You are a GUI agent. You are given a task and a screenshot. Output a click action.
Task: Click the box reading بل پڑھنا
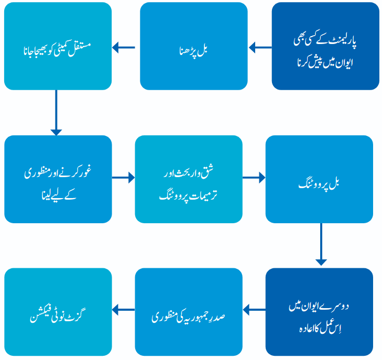click(x=194, y=46)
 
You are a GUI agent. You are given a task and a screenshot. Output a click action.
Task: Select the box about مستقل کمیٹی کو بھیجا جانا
click(x=58, y=46)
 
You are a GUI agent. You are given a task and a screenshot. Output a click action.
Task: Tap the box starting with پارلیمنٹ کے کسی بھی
click(x=325, y=46)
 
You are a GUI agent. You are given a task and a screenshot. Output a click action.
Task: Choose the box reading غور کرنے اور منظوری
click(x=58, y=179)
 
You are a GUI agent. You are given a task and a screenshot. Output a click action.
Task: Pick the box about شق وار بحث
click(x=189, y=179)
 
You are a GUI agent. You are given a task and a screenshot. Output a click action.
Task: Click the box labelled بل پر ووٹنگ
click(x=319, y=179)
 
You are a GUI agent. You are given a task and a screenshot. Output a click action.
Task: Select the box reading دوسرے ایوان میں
click(x=319, y=312)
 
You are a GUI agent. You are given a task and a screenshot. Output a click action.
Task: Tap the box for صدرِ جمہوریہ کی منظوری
click(x=189, y=312)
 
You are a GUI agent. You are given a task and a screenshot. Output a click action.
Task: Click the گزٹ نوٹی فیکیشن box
click(x=58, y=312)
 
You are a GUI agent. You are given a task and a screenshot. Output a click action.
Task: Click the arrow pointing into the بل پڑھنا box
click(x=260, y=47)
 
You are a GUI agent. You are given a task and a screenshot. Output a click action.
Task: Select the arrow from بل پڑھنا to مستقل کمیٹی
click(x=124, y=47)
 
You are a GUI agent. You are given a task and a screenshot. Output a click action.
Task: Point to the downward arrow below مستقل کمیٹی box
click(x=56, y=113)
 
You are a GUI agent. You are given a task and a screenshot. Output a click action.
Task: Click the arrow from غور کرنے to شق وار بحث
click(x=123, y=178)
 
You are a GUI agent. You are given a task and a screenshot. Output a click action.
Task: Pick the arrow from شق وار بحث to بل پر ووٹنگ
click(x=254, y=178)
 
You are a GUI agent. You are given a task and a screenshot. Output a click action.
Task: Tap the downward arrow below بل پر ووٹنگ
click(x=321, y=244)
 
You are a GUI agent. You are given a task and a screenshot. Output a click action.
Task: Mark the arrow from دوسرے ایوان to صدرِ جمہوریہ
click(x=254, y=310)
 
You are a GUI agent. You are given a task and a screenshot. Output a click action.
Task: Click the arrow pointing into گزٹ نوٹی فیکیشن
click(x=123, y=310)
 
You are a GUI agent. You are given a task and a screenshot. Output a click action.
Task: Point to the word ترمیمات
click(x=203, y=195)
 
